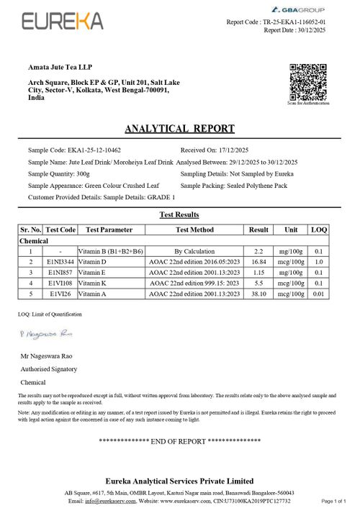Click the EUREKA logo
click(62, 22)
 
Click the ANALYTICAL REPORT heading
click(179, 129)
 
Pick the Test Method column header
click(194, 230)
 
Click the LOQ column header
click(319, 230)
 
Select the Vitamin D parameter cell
click(98, 262)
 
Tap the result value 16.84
click(258, 262)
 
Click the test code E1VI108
click(62, 284)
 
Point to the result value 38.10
click(258, 294)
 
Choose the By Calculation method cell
click(194, 251)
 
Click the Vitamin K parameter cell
click(98, 284)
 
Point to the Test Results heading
click(179, 214)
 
